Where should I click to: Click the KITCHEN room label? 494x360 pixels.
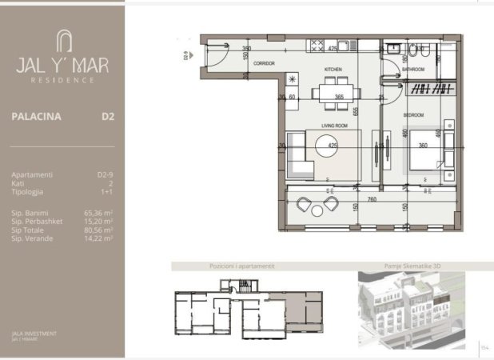(x=333, y=70)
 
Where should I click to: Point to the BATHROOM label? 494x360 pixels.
(x=412, y=70)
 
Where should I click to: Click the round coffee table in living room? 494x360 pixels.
(x=329, y=146)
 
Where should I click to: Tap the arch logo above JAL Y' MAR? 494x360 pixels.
(x=62, y=41)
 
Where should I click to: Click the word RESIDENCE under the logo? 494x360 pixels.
(x=62, y=80)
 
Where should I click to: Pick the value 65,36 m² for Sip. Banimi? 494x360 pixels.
(x=99, y=214)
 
